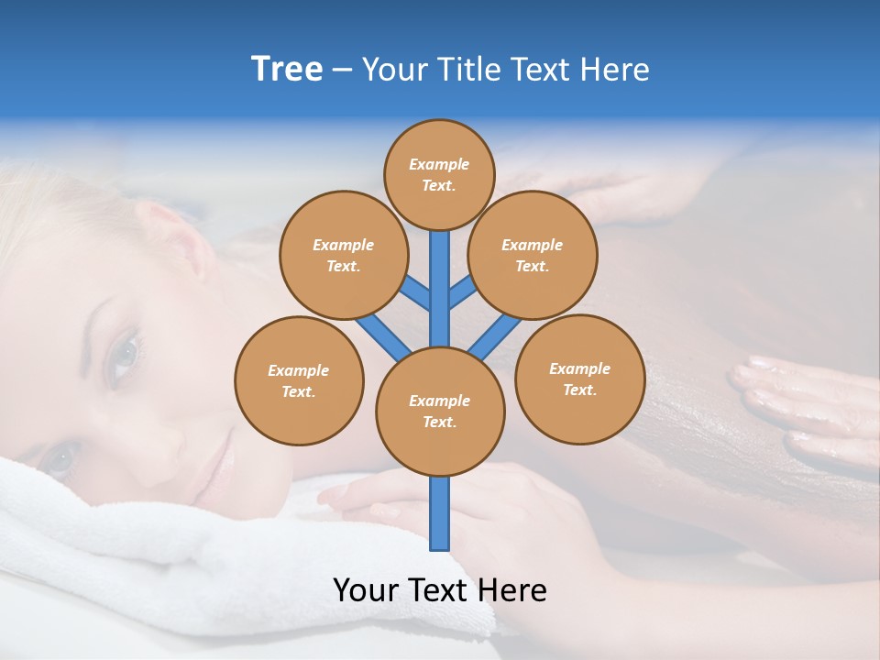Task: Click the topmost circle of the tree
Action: coord(439,173)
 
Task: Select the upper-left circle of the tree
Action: coord(343,255)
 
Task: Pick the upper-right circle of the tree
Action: coord(533,255)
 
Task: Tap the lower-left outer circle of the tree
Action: coord(299,380)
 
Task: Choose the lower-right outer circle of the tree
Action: coord(580,379)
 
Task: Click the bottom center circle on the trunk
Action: coord(440,412)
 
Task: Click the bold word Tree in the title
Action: coord(287,69)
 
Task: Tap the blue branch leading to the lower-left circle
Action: coord(383,335)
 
